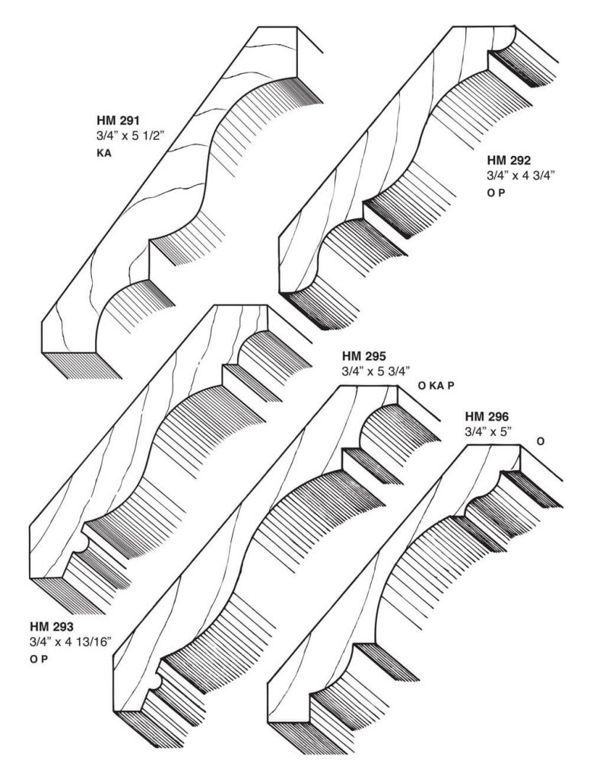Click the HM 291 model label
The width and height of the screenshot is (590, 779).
[x=118, y=120]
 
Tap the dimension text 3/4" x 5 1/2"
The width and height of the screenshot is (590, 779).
[x=129, y=135]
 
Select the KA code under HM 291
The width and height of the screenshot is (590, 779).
[x=104, y=154]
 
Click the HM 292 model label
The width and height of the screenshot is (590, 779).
[x=509, y=161]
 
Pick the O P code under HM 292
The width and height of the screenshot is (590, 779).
[x=495, y=193]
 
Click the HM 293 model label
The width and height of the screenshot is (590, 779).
[x=52, y=626]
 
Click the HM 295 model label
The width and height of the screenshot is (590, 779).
[x=364, y=356]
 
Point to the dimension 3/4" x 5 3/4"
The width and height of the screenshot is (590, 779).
[x=376, y=371]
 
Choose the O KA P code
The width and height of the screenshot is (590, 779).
[x=436, y=386]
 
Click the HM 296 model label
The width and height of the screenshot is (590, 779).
[x=487, y=416]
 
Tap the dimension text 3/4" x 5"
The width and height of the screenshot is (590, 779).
[x=489, y=432]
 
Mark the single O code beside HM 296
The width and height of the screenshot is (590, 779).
[x=541, y=441]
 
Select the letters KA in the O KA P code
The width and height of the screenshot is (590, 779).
[x=436, y=386]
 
